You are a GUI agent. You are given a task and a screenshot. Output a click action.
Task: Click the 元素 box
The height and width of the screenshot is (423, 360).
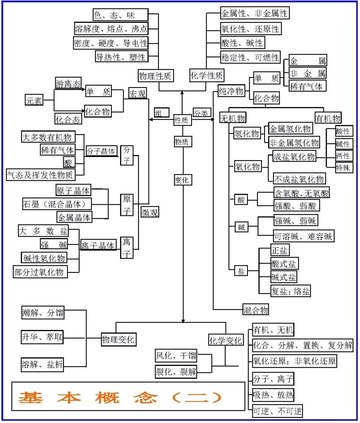[x=34, y=100]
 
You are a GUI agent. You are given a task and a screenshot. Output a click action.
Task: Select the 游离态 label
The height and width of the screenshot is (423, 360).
[x=68, y=83]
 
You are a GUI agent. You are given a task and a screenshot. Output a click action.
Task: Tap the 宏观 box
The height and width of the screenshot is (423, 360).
[x=137, y=93]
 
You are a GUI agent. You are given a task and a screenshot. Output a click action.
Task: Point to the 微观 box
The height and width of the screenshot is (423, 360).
[x=150, y=212]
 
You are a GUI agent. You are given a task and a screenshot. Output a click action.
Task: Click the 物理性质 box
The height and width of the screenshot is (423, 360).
[x=156, y=75]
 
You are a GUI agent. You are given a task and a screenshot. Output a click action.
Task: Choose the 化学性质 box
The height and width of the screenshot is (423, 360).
[x=207, y=75]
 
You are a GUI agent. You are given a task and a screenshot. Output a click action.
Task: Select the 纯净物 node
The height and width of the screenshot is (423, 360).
[x=231, y=90]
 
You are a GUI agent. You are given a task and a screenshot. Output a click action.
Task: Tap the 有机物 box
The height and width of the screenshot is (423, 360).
[x=328, y=118]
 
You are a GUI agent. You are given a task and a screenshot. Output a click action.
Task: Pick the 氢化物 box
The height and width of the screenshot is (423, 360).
[x=247, y=133]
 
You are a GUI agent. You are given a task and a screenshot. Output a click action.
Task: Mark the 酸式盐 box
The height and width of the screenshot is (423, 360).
[x=285, y=264]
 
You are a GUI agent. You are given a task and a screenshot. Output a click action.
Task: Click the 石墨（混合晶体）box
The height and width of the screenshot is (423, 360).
[x=57, y=203]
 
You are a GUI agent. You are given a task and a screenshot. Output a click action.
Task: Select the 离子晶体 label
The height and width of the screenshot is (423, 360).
[x=98, y=245]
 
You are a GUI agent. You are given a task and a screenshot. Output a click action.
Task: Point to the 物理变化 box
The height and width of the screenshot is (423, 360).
[x=119, y=340]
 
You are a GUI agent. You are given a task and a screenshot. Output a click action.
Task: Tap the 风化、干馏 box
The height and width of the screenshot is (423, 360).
[x=176, y=356]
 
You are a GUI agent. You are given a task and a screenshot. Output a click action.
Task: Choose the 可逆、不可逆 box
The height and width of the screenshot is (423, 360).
[x=277, y=411]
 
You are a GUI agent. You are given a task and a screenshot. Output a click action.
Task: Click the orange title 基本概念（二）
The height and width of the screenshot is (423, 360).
[x=120, y=397]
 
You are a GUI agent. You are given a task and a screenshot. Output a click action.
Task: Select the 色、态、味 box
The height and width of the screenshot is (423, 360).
[x=120, y=15]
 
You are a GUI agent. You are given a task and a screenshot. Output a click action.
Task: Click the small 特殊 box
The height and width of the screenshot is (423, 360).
[x=344, y=167]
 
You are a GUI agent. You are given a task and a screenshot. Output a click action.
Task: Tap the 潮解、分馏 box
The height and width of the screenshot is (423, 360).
[x=43, y=313]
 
